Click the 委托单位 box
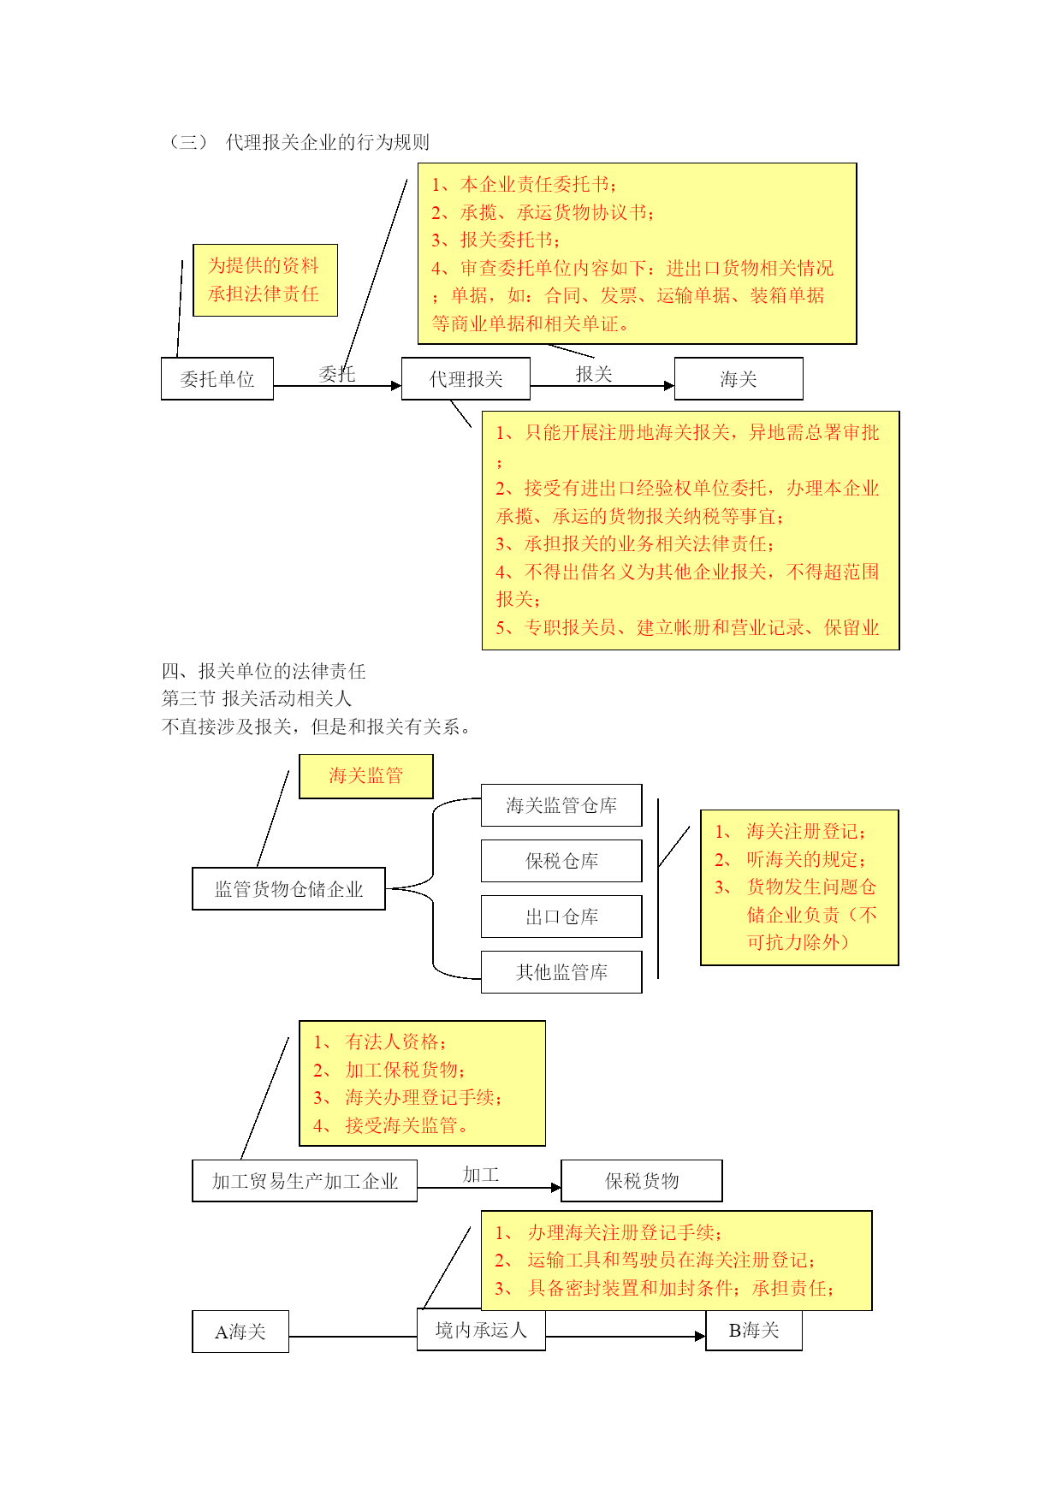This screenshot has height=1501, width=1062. pyautogui.click(x=217, y=378)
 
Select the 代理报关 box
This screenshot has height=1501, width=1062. pyautogui.click(x=466, y=378)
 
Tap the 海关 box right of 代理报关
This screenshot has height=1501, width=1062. pyautogui.click(x=739, y=378)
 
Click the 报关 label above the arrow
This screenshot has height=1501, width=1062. pyautogui.click(x=594, y=374)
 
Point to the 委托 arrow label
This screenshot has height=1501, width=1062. pyautogui.click(x=337, y=374)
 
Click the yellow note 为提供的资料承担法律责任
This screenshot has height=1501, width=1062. pyautogui.click(x=265, y=280)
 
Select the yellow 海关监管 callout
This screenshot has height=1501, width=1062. pyautogui.click(x=366, y=776)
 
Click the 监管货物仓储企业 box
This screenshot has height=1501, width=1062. pyautogui.click(x=288, y=888)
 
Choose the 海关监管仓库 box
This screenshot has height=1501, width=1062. pyautogui.click(x=561, y=805)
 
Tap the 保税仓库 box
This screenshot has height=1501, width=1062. pyautogui.click(x=561, y=861)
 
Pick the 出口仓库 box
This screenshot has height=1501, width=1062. pyautogui.click(x=561, y=917)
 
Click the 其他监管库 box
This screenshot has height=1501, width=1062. pyautogui.click(x=561, y=972)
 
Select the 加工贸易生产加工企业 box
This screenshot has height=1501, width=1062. pyautogui.click(x=305, y=1181)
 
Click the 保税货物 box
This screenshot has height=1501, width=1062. pyautogui.click(x=642, y=1181)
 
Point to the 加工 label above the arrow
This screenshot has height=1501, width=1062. pyautogui.click(x=481, y=1175)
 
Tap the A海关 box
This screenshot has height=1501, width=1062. pyautogui.click(x=240, y=1332)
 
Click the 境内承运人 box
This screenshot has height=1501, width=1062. pyautogui.click(x=481, y=1330)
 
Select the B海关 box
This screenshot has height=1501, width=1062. pyautogui.click(x=754, y=1330)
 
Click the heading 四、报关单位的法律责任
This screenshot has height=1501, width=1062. pyautogui.click(x=264, y=671)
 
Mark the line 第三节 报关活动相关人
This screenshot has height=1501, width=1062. pyautogui.click(x=257, y=698)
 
